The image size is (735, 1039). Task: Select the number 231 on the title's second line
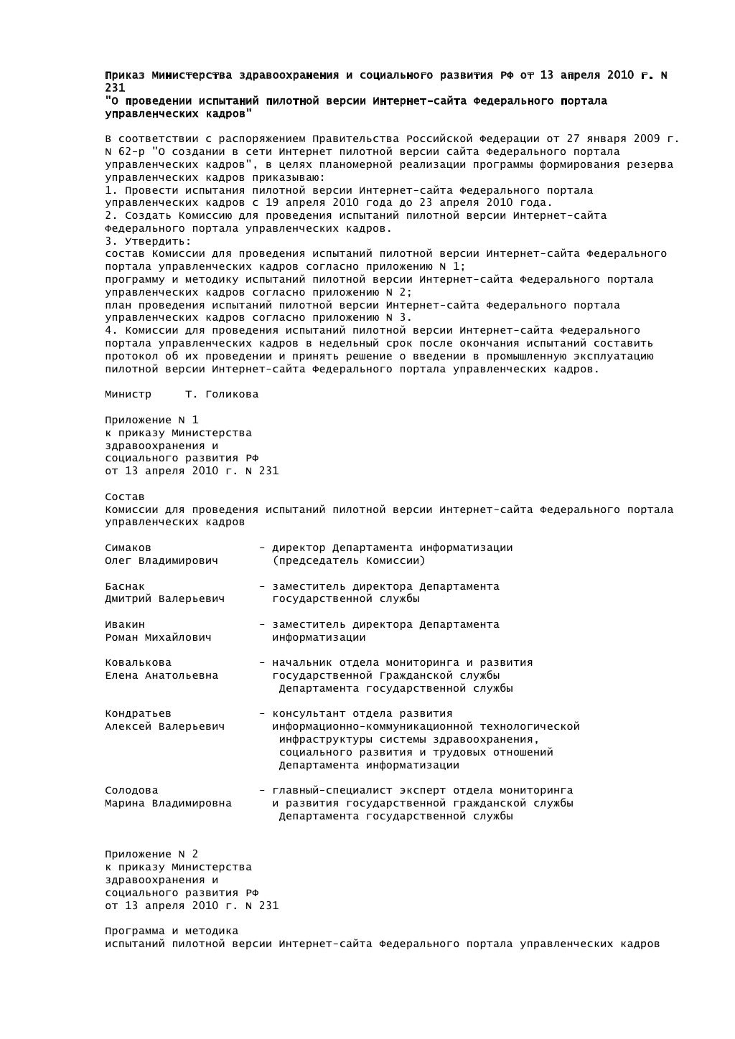pos(115,88)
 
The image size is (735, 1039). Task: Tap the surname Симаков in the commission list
pos(128,548)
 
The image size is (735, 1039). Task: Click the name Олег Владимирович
pos(161,560)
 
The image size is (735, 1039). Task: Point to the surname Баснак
pos(125,586)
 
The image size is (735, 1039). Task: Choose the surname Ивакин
pos(125,625)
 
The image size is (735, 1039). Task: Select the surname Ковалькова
pos(138,663)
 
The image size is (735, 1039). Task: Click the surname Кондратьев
pos(138,714)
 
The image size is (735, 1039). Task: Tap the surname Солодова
pos(131,791)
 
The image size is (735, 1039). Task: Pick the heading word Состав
pos(125,497)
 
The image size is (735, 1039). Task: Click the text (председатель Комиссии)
pos(349,560)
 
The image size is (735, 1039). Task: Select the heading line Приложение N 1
pos(151,420)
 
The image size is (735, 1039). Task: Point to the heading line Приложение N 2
pos(151,855)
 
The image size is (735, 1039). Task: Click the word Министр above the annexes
pos(128,395)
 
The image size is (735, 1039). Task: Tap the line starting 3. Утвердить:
pos(148,241)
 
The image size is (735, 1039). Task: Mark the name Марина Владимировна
pos(168,804)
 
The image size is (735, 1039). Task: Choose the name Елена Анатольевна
pos(161,676)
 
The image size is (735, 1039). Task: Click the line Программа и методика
pos(172,931)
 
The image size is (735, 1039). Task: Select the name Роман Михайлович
pos(158,637)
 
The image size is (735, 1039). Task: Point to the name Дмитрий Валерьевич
pos(164,599)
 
